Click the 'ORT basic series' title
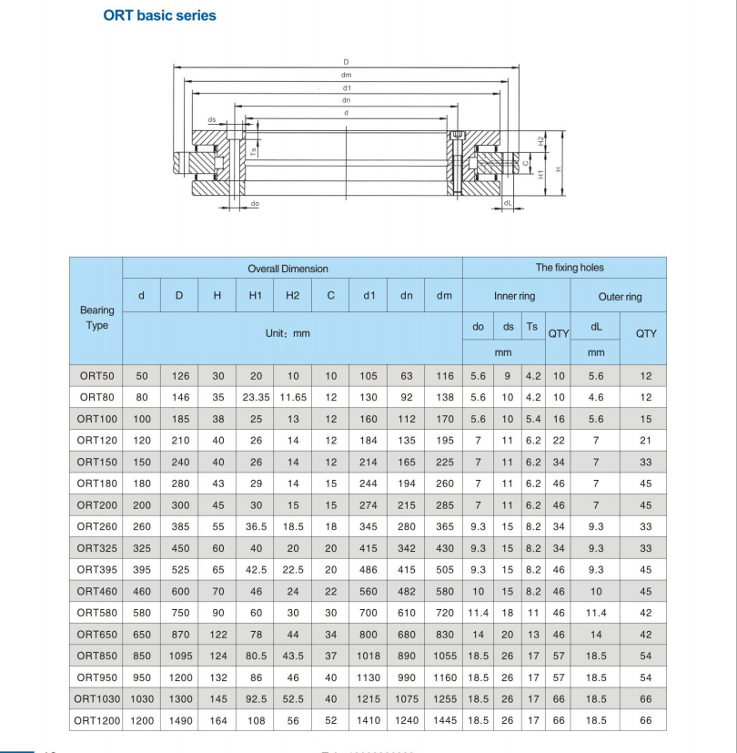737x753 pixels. click(160, 15)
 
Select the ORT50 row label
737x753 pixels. click(96, 376)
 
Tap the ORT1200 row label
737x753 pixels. click(96, 720)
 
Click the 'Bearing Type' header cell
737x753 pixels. click(96, 318)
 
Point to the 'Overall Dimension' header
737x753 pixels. click(288, 269)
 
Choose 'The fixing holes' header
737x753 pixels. click(569, 268)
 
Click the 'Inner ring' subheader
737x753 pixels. click(514, 296)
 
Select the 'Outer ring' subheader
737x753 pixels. click(620, 297)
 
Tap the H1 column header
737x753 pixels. click(255, 295)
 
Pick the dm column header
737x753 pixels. click(444, 295)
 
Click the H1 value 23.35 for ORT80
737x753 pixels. click(255, 397)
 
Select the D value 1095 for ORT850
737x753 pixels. click(179, 656)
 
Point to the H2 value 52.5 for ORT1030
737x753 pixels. click(292, 698)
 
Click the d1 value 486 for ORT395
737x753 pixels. click(368, 569)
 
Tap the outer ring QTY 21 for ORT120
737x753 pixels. click(646, 441)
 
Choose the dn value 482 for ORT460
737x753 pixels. click(406, 591)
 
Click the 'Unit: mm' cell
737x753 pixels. click(288, 333)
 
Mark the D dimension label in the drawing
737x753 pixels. click(346, 62)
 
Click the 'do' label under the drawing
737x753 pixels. click(255, 204)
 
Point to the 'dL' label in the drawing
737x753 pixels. click(507, 203)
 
